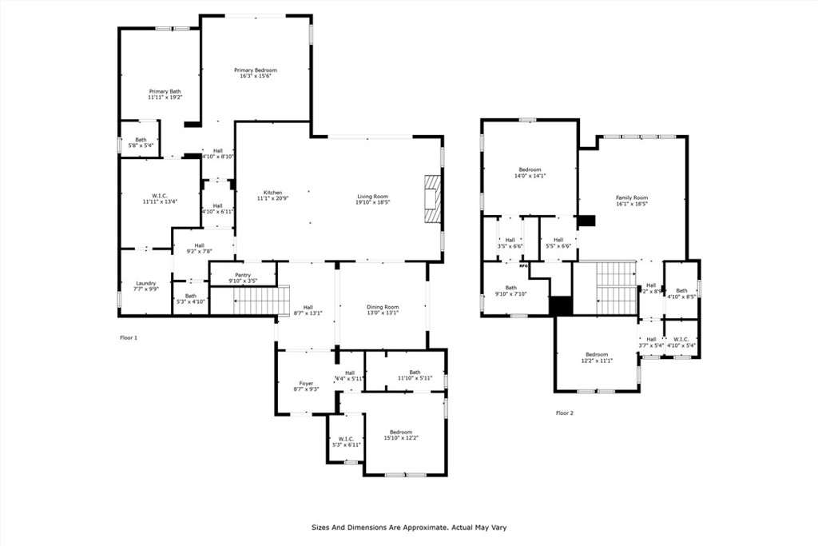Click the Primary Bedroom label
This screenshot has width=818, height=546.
pos(255,73)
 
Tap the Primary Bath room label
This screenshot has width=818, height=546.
pos(165,94)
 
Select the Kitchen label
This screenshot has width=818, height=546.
pos(273,195)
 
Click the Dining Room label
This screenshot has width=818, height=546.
pos(383,309)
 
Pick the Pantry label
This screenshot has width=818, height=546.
pos(243,277)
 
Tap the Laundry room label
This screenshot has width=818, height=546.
pos(145,285)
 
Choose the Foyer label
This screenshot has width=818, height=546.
pos(306,386)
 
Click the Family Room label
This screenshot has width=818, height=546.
pos(631,200)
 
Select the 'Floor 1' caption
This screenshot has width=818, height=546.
pos(129,338)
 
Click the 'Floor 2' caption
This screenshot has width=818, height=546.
pos(565,413)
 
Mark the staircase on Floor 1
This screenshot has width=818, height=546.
pos(255,301)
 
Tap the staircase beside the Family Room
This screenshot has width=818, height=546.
pos(615,287)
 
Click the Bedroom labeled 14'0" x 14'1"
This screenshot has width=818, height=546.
pos(530,172)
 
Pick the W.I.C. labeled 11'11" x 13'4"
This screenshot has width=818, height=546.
pos(159,198)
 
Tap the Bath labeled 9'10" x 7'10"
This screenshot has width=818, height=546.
pos(510,290)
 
